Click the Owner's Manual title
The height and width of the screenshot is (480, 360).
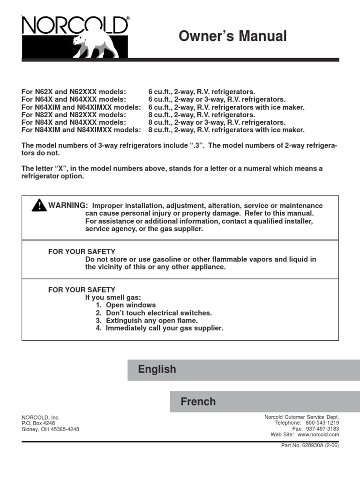[232, 36]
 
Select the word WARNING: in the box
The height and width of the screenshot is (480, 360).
[68, 206]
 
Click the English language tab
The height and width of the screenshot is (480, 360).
[157, 369]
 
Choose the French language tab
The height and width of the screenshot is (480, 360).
[198, 402]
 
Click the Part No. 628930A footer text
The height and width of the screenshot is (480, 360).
[309, 445]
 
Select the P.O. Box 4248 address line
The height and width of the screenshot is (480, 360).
[38, 423]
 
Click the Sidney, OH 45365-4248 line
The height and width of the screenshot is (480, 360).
[51, 429]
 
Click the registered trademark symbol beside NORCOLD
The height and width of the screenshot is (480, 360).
[128, 19]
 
